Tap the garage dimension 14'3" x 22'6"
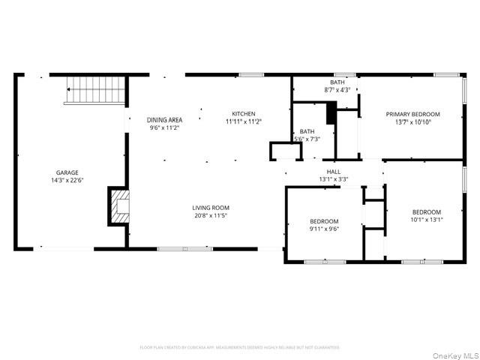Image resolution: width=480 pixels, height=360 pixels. click(x=67, y=181)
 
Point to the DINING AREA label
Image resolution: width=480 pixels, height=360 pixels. click(x=164, y=120)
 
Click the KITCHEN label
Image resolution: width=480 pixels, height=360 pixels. click(x=244, y=113)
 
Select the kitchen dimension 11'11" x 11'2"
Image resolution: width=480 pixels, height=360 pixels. click(x=244, y=121)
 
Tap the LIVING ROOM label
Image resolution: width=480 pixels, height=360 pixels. click(x=211, y=208)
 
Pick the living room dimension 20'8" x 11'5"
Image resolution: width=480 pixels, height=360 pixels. click(x=211, y=216)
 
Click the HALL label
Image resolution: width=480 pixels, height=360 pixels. click(x=333, y=172)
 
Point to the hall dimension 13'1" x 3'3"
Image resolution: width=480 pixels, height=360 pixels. click(x=333, y=179)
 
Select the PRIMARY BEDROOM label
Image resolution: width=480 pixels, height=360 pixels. click(x=412, y=114)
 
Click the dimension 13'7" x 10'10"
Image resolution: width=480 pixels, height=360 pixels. click(x=412, y=122)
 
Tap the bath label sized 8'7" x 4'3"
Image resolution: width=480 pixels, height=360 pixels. click(x=337, y=82)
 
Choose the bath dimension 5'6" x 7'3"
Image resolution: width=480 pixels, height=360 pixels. click(x=307, y=139)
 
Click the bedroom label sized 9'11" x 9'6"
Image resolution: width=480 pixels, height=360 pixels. click(x=325, y=221)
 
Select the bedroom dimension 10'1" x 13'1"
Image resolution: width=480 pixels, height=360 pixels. click(x=426, y=220)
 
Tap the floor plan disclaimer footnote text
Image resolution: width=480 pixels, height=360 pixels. click(x=240, y=347)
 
